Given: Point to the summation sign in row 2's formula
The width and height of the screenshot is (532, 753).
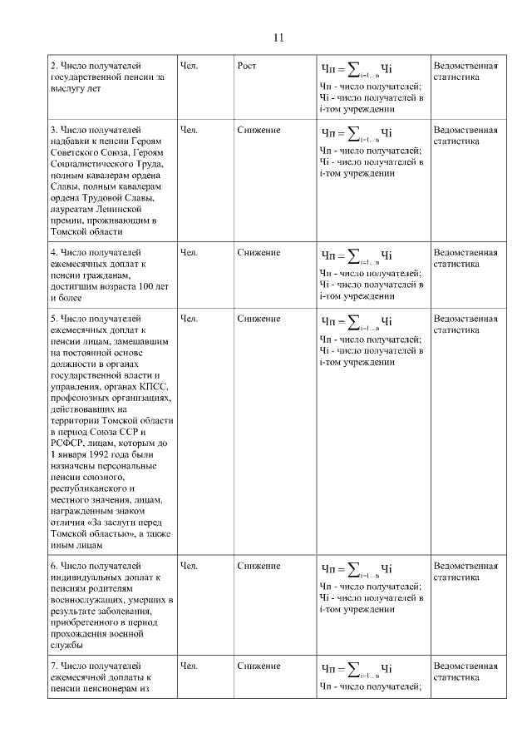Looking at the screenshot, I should pos(354,67).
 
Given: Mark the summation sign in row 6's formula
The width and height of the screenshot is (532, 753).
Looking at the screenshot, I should pos(354,568).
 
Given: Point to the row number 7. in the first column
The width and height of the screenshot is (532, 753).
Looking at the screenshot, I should pos(55,666).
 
